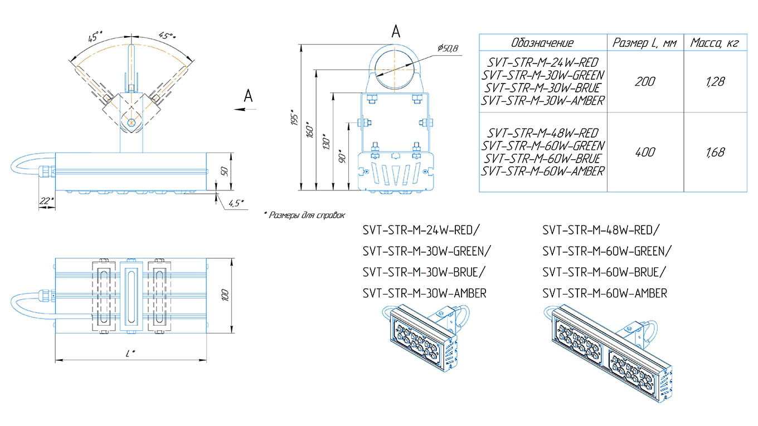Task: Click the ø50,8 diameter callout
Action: (448, 49)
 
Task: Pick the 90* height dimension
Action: (343, 157)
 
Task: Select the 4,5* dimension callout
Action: (235, 203)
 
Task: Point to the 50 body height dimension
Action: (225, 170)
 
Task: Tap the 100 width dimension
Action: (225, 295)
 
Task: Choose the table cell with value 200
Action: (645, 82)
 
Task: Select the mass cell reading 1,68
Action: (715, 152)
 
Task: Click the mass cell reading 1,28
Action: (715, 82)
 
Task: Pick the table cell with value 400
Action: (645, 152)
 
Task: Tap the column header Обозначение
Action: (542, 43)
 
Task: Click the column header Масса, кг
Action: (715, 43)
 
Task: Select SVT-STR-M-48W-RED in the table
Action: (542, 133)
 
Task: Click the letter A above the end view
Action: (396, 32)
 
